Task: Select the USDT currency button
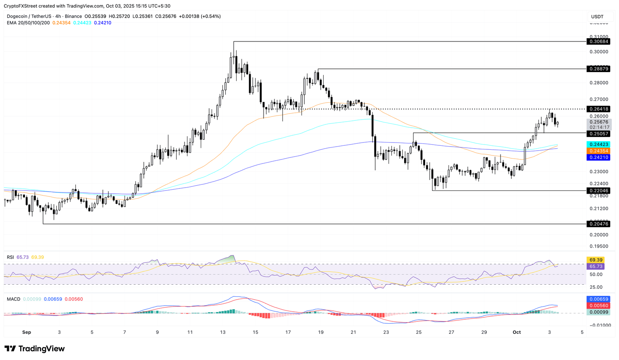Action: (597, 17)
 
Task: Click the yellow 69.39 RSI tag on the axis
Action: (596, 260)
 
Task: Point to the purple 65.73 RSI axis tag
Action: (596, 267)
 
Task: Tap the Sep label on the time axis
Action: (27, 332)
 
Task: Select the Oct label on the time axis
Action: (517, 332)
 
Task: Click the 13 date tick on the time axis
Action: (222, 332)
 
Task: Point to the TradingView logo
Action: (35, 348)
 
